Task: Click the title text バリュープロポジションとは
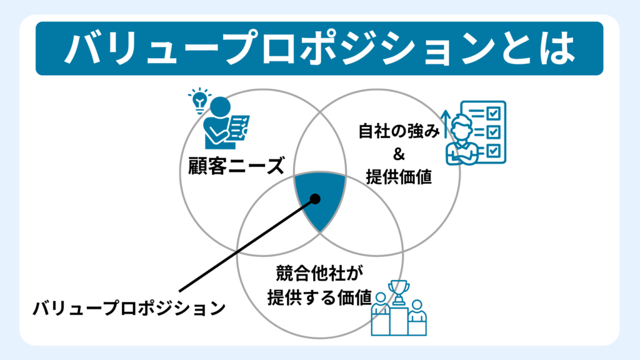(319, 48)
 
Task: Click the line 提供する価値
(319, 296)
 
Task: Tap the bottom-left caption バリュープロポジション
(129, 308)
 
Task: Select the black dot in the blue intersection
(315, 199)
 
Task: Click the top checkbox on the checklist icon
(492, 113)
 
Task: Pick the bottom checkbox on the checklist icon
(492, 150)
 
